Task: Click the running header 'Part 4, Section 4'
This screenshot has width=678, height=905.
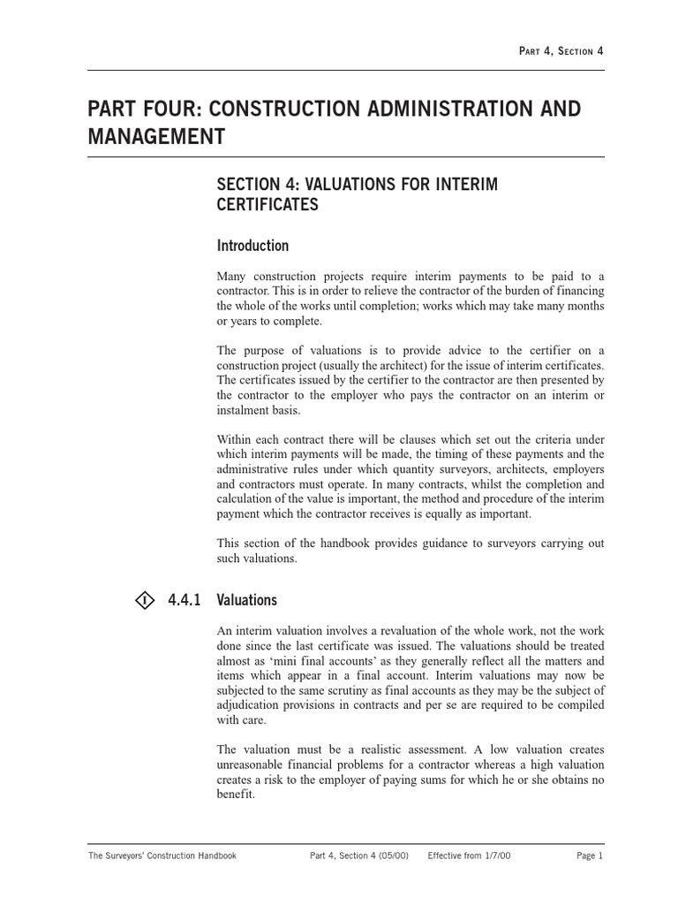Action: (561, 51)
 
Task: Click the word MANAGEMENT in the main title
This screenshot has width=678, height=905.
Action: (156, 138)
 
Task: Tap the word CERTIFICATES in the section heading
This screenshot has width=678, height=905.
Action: (267, 205)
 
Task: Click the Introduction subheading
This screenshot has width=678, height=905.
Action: (252, 246)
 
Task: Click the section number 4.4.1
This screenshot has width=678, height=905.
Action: (185, 600)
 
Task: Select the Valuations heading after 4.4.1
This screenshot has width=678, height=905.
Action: (247, 600)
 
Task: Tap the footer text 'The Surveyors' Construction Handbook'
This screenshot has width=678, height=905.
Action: (162, 856)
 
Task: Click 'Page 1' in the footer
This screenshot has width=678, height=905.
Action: (590, 856)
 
